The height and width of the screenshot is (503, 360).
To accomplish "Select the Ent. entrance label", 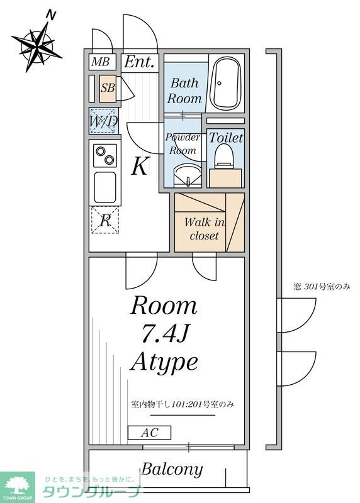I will [139, 62].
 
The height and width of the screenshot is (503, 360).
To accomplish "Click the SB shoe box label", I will [108, 89].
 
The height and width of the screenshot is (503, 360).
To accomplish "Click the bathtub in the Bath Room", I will [226, 84].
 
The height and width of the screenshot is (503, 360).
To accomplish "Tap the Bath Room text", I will [184, 91].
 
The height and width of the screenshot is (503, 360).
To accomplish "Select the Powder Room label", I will [183, 144].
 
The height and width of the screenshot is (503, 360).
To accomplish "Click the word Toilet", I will [225, 137].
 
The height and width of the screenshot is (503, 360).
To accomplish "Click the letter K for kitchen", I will [140, 167].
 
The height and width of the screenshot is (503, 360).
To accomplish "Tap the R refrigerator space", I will [105, 220].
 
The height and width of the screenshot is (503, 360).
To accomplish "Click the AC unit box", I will [149, 433].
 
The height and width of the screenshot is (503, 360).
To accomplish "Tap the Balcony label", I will [172, 469].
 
